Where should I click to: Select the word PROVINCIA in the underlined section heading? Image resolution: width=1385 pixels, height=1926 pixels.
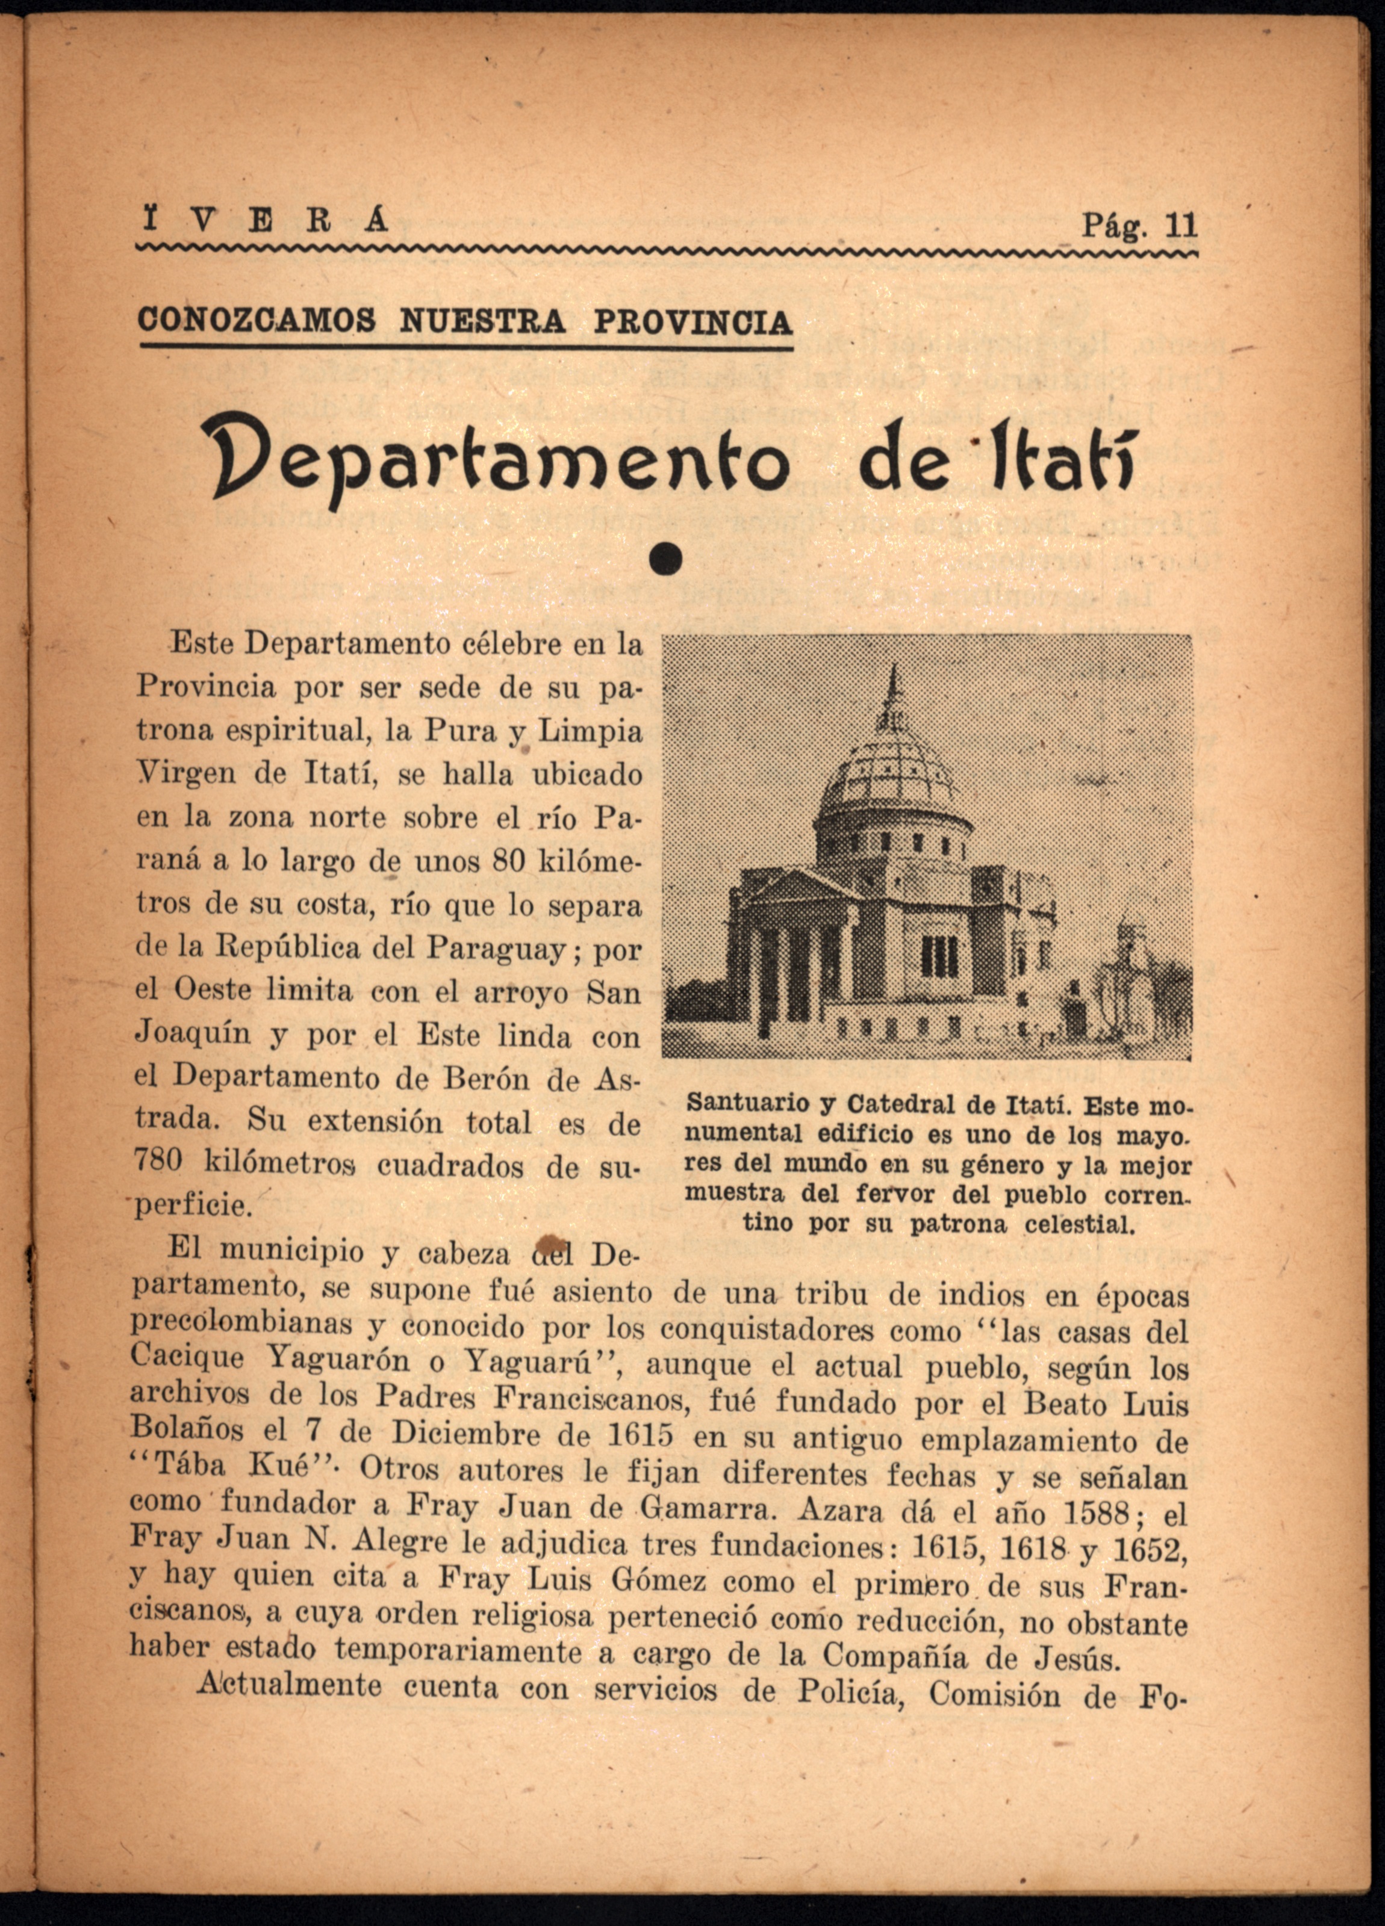692,323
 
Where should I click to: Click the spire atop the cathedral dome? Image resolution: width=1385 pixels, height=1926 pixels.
893,692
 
